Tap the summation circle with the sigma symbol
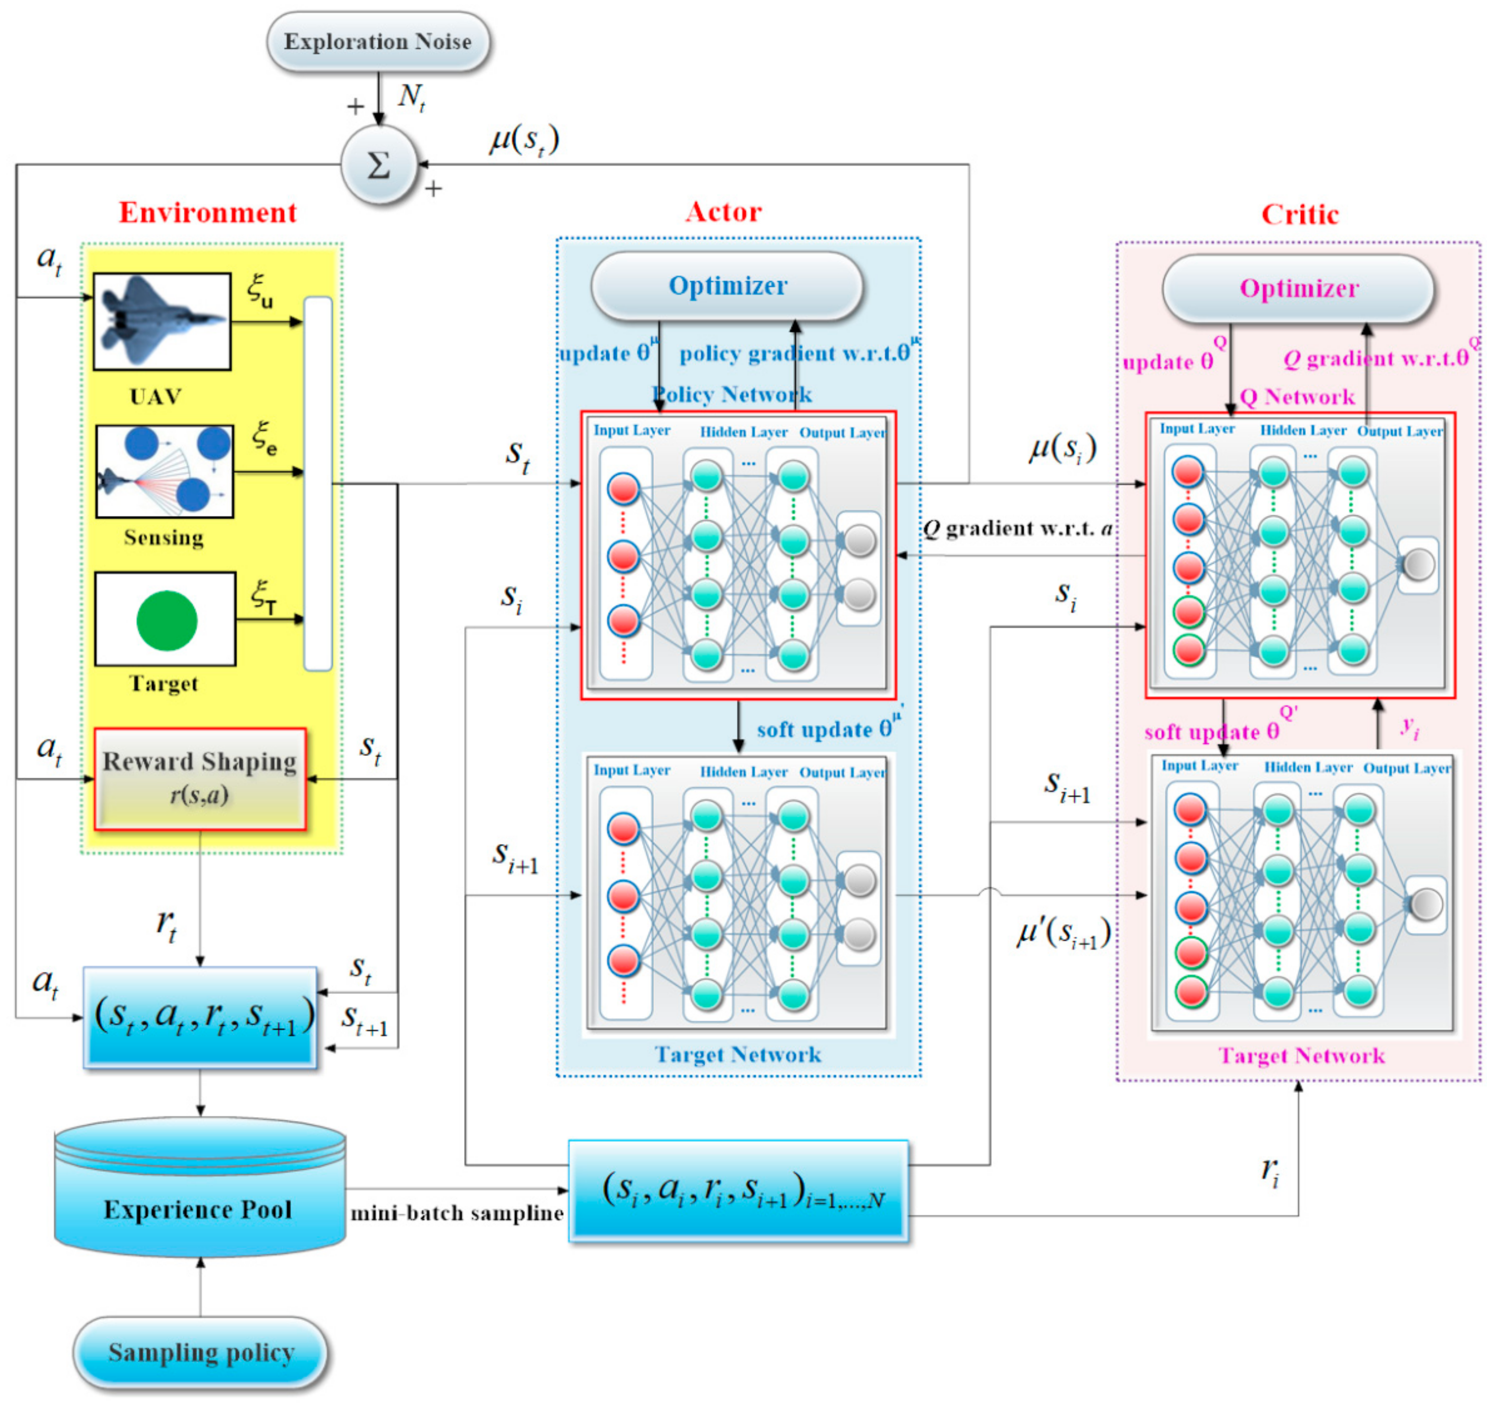pos(378,165)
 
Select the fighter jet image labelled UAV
pos(162,322)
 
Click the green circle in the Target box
pos(166,621)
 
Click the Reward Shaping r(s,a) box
pos(200,779)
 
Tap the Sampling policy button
pos(200,1353)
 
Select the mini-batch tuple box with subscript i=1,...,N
pos(738,1191)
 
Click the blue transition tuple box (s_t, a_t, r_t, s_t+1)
pos(200,1017)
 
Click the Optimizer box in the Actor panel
pos(727,286)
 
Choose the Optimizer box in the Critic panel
pos(1298,289)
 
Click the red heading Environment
pos(208,213)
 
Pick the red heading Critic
pos(1300,215)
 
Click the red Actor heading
pos(724,212)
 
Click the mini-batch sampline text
pos(457,1214)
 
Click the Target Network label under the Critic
pos(1301,1055)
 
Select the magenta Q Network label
pos(1297,397)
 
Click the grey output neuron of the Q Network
pos(1419,565)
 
